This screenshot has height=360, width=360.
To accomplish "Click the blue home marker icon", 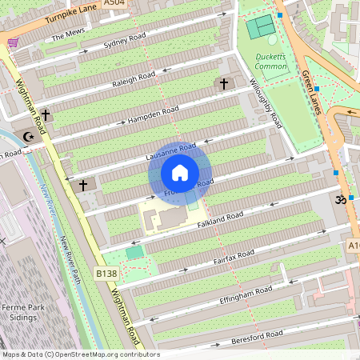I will (180, 172).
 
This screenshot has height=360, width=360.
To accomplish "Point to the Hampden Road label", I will (154, 115).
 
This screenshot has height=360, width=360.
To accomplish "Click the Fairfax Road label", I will (234, 255).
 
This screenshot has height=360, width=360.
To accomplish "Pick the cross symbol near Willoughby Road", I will (224, 83).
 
